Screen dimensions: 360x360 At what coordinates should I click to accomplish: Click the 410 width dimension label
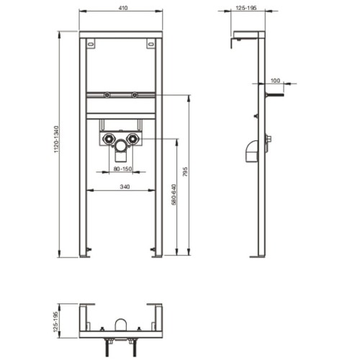(123, 8)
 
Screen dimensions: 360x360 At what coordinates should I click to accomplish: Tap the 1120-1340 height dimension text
(56, 139)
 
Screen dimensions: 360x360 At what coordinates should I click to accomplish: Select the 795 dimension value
(185, 172)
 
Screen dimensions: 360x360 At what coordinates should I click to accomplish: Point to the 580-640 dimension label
(174, 194)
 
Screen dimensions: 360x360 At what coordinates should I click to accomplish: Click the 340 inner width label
(125, 186)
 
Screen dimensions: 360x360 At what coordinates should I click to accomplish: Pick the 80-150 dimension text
(122, 168)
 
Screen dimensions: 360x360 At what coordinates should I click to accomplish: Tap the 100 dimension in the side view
(275, 81)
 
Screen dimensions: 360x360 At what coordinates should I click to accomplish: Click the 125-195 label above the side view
(246, 8)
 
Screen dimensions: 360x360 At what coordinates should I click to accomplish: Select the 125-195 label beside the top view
(56, 322)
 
